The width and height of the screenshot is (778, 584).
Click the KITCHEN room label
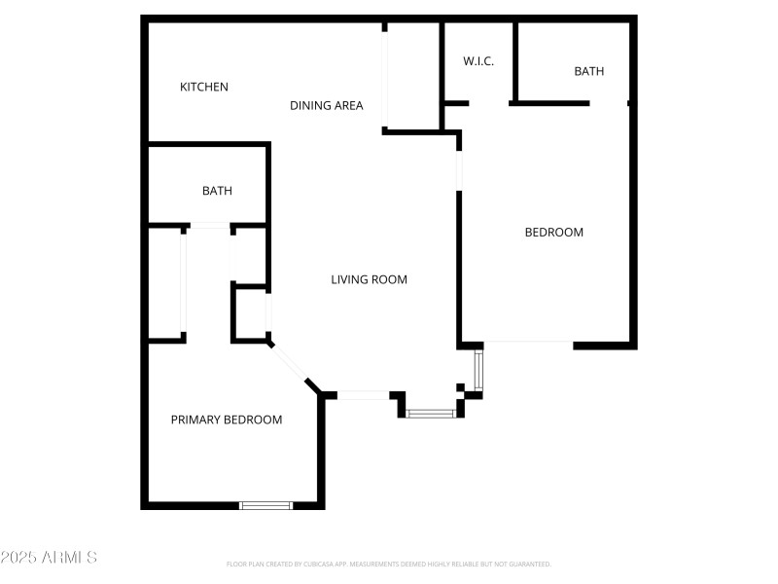point(204,88)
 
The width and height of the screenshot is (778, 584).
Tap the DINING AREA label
point(327,105)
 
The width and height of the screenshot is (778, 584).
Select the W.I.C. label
point(478,61)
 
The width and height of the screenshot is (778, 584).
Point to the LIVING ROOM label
point(369,279)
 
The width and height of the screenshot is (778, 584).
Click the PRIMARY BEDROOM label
point(227,420)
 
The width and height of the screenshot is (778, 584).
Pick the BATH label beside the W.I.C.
point(588,71)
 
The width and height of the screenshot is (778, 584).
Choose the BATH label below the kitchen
point(217,191)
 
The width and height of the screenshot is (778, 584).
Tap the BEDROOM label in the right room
point(553,232)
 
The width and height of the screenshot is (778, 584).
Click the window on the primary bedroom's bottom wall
point(266,505)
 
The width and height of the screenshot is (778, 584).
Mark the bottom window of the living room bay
point(431,414)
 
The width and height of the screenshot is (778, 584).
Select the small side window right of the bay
point(477,370)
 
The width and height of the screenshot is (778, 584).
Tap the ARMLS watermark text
point(49,558)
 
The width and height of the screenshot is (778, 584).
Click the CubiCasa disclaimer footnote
point(389,564)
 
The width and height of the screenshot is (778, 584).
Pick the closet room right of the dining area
point(413,76)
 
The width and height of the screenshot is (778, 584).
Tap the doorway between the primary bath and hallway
point(208,226)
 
